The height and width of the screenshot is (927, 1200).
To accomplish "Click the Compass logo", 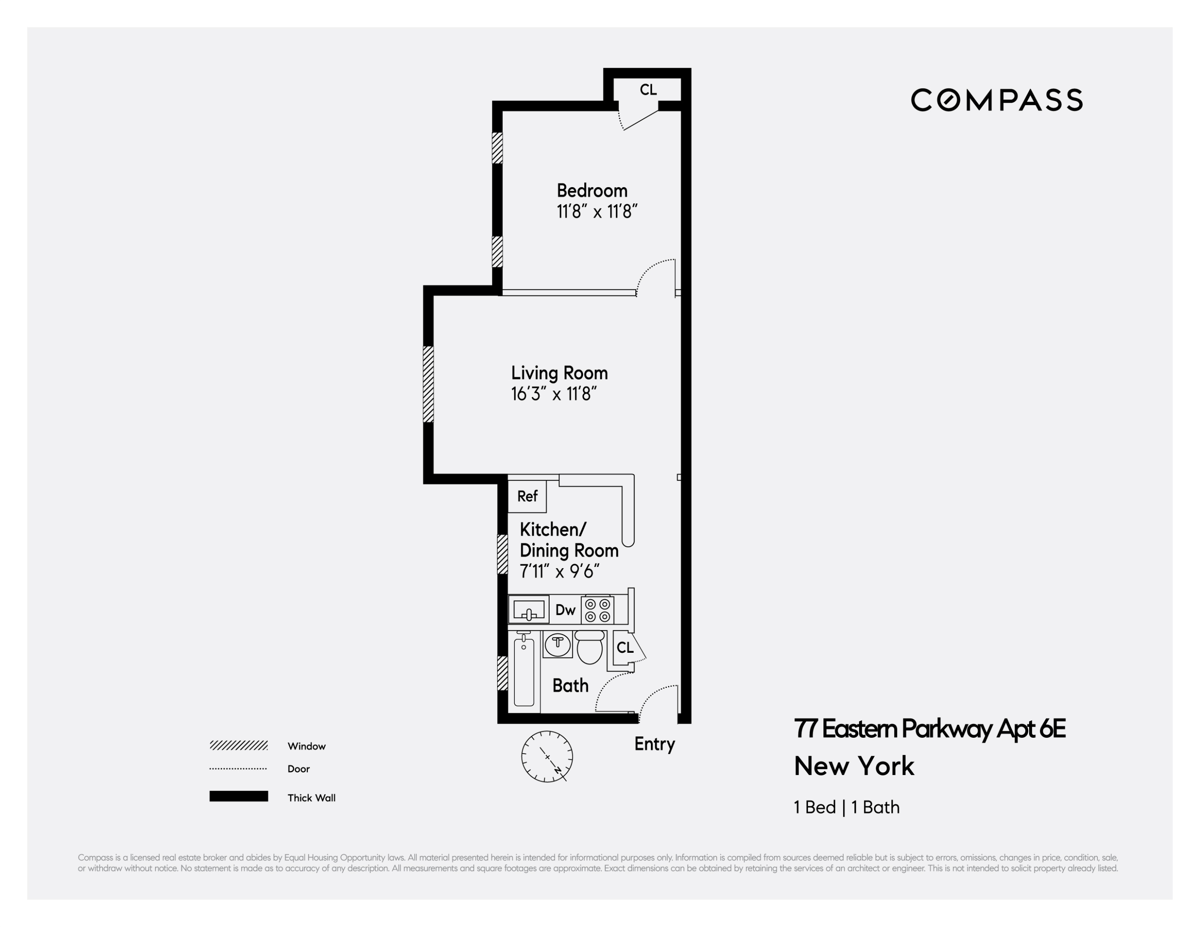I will [x=996, y=100].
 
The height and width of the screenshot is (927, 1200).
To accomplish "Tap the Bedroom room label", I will [x=592, y=191].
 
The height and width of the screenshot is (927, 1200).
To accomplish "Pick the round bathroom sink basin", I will [x=558, y=644].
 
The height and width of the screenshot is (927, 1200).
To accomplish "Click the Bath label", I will [x=570, y=686].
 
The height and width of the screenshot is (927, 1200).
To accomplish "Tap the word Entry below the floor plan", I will [x=654, y=744].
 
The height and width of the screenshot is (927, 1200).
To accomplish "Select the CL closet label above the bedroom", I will [x=648, y=90].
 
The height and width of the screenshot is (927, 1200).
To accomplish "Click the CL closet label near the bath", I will [x=625, y=648].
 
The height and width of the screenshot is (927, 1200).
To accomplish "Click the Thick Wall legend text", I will [x=311, y=798].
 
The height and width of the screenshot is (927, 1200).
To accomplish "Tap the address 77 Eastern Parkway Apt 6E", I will [x=930, y=729].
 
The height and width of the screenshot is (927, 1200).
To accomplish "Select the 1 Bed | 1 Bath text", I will [x=847, y=807].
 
